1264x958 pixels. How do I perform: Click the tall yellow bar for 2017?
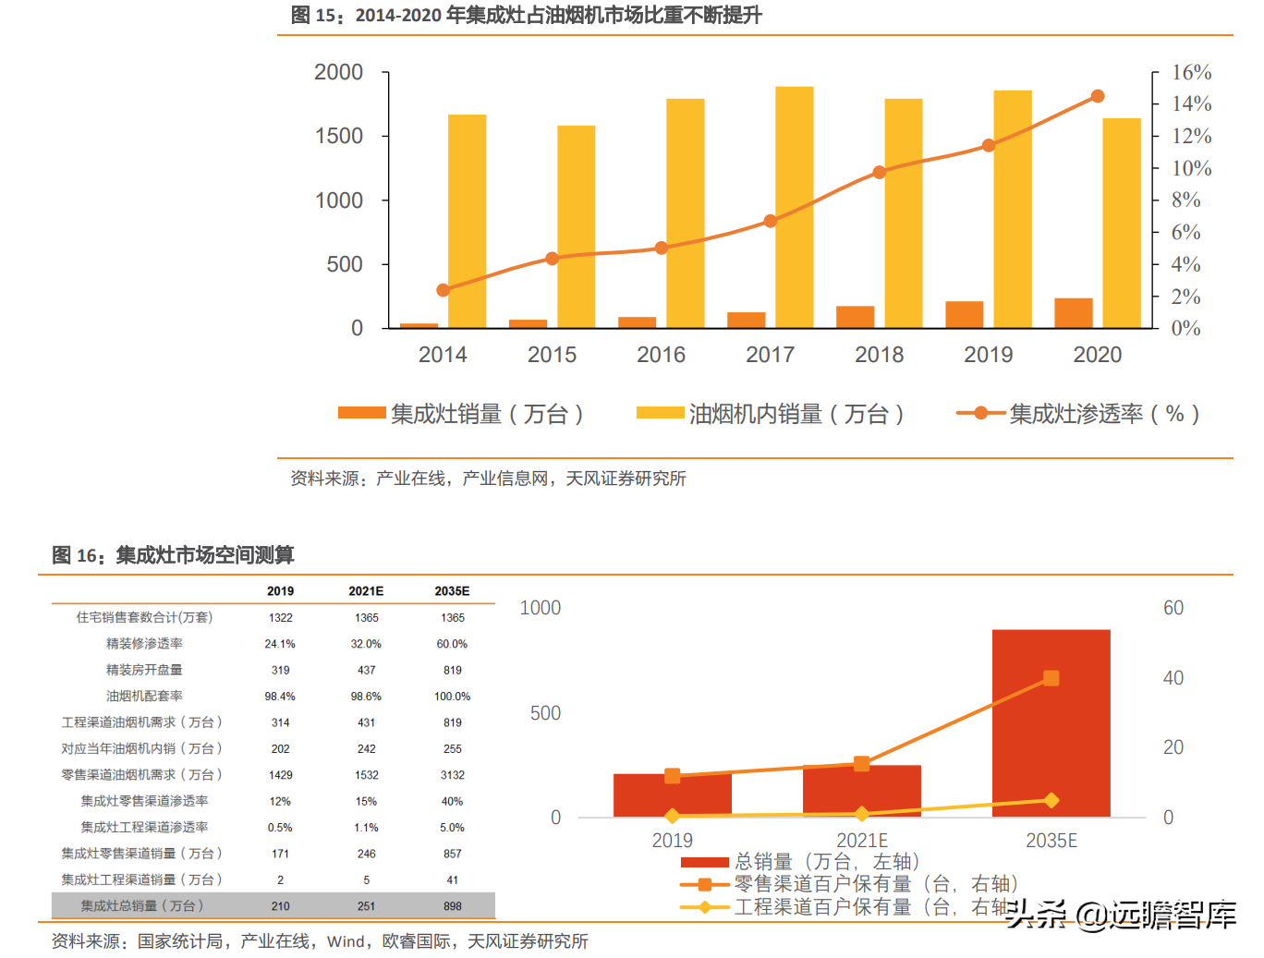794,207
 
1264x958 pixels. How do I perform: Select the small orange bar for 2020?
1073,313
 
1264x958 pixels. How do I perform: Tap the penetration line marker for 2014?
443,290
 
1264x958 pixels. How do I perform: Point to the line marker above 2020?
1098,96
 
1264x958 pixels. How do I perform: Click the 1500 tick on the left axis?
339,137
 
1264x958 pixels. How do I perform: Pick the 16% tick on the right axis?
1191,72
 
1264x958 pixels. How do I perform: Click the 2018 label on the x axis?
879,355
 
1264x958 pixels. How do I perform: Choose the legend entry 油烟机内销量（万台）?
771,414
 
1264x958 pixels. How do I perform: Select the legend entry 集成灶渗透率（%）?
1078,414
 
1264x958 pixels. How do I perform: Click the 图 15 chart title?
526,15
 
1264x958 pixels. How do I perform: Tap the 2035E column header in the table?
452,591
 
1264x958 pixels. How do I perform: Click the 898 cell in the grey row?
452,906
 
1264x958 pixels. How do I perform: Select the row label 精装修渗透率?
144,644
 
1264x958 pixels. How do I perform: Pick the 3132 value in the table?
452,775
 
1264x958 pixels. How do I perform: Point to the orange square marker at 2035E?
1051,678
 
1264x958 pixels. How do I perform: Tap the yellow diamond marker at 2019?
673,816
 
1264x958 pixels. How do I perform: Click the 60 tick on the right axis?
1173,608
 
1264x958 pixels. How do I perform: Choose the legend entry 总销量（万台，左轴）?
800,862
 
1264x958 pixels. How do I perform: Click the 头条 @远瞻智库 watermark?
1121,915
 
